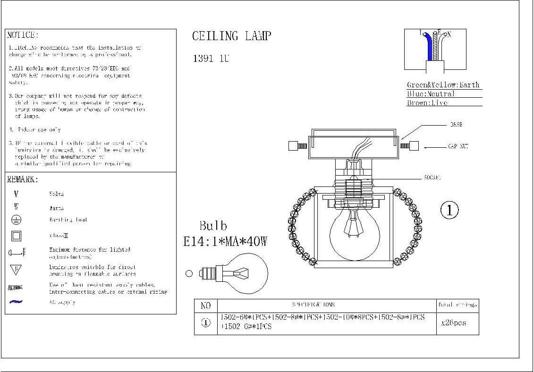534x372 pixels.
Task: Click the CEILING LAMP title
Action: (x=231, y=36)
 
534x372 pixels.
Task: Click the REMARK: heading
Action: (x=23, y=179)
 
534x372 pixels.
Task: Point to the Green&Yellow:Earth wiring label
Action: (x=443, y=85)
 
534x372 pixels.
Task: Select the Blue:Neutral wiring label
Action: (x=431, y=94)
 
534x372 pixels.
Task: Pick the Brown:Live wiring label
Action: (x=427, y=103)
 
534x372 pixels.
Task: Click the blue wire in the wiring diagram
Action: (x=429, y=47)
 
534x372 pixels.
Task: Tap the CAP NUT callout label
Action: (x=458, y=147)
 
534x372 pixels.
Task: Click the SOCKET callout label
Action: (x=432, y=178)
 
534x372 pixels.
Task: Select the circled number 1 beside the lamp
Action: (x=449, y=210)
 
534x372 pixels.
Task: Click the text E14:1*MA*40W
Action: (x=225, y=242)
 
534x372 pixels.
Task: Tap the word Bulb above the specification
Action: (x=213, y=226)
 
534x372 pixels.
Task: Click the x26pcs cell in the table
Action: (x=453, y=323)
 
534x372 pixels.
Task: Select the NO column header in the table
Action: (x=206, y=305)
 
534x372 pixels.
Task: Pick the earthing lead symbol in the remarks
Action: (x=16, y=220)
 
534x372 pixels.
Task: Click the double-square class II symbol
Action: (x=16, y=236)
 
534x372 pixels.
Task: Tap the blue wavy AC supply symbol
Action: (x=16, y=302)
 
